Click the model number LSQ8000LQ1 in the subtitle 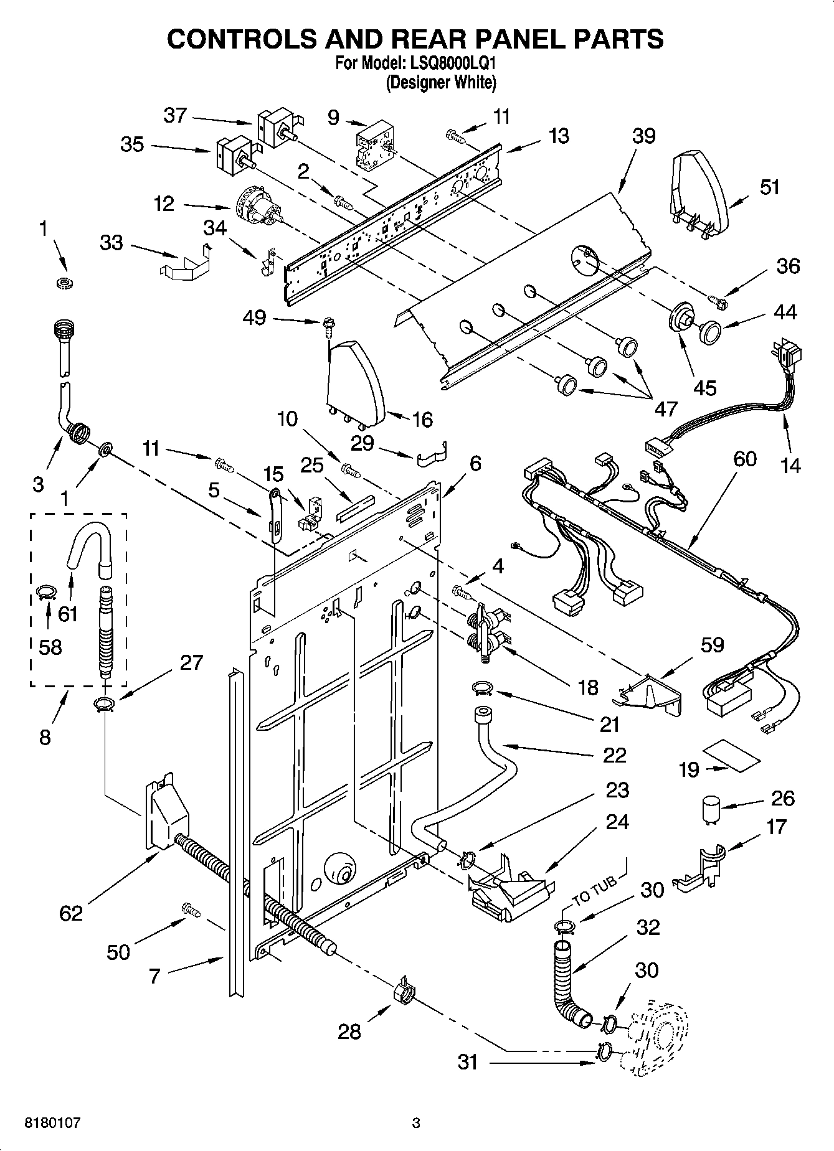(447, 63)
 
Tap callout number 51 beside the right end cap (769, 187)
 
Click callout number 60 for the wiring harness (744, 459)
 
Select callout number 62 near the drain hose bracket (71, 913)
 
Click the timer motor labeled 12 (258, 209)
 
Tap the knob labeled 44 (709, 331)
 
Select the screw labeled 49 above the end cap (327, 324)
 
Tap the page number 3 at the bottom (416, 1123)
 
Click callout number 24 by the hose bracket (617, 822)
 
